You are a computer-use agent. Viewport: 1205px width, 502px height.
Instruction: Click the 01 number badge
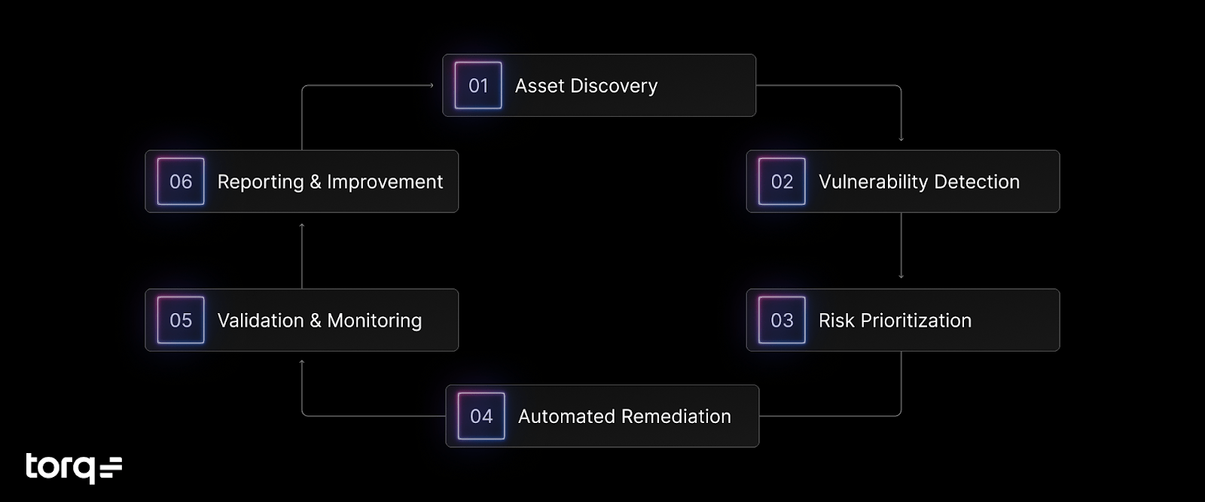coord(478,86)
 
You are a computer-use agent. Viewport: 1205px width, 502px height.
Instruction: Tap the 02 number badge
coord(782,181)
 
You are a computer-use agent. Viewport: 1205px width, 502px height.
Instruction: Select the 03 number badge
coord(782,321)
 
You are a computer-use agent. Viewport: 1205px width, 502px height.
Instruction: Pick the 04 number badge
coord(481,416)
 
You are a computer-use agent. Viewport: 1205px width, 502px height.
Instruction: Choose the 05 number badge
coord(181,321)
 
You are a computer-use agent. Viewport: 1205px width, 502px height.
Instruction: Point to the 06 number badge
coord(181,181)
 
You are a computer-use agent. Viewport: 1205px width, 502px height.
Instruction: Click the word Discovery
coord(614,87)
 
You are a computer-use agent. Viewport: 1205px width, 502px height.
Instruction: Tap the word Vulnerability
coord(873,182)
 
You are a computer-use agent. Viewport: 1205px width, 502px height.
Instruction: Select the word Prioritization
coord(916,321)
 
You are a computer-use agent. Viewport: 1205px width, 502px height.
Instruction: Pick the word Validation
coord(261,321)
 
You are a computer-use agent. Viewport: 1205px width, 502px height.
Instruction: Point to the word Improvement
coord(385,182)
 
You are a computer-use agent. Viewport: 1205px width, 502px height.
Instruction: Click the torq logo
coord(73,467)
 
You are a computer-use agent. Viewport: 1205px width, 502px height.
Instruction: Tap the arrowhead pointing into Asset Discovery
coord(432,86)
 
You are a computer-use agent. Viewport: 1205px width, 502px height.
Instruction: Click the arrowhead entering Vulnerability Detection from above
coord(901,138)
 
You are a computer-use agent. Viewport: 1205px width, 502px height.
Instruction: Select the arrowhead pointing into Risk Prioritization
coord(901,276)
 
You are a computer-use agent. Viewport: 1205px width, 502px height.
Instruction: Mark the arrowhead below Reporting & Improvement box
coord(302,225)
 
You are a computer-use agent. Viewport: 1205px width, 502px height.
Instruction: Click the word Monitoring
coord(374,321)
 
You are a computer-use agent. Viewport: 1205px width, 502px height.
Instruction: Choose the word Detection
coord(976,181)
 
